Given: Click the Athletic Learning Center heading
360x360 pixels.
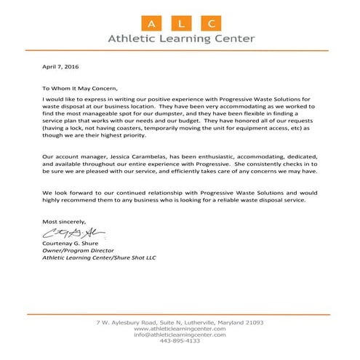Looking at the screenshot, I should click(x=180, y=39).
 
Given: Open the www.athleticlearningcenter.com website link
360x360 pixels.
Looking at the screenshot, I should click(x=180, y=329).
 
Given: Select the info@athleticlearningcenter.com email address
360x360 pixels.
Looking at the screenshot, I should click(x=180, y=335).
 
